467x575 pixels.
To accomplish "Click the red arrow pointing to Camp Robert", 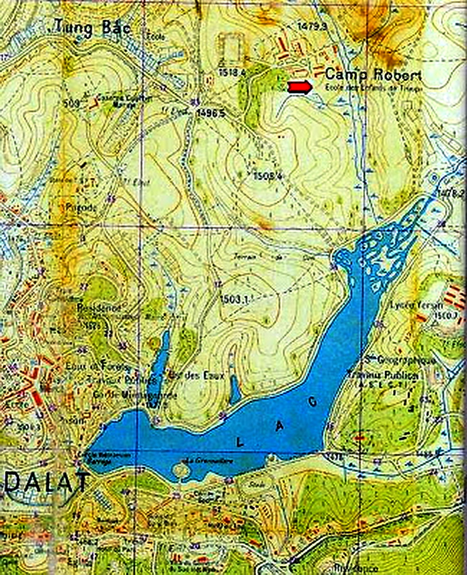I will [x=299, y=87].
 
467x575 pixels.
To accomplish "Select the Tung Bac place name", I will [x=92, y=27].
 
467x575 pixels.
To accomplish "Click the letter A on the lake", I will [x=279, y=427].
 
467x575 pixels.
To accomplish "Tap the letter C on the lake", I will [x=312, y=403].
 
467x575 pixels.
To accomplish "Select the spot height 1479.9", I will [x=311, y=28].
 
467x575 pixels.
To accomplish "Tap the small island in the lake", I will [x=182, y=471].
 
